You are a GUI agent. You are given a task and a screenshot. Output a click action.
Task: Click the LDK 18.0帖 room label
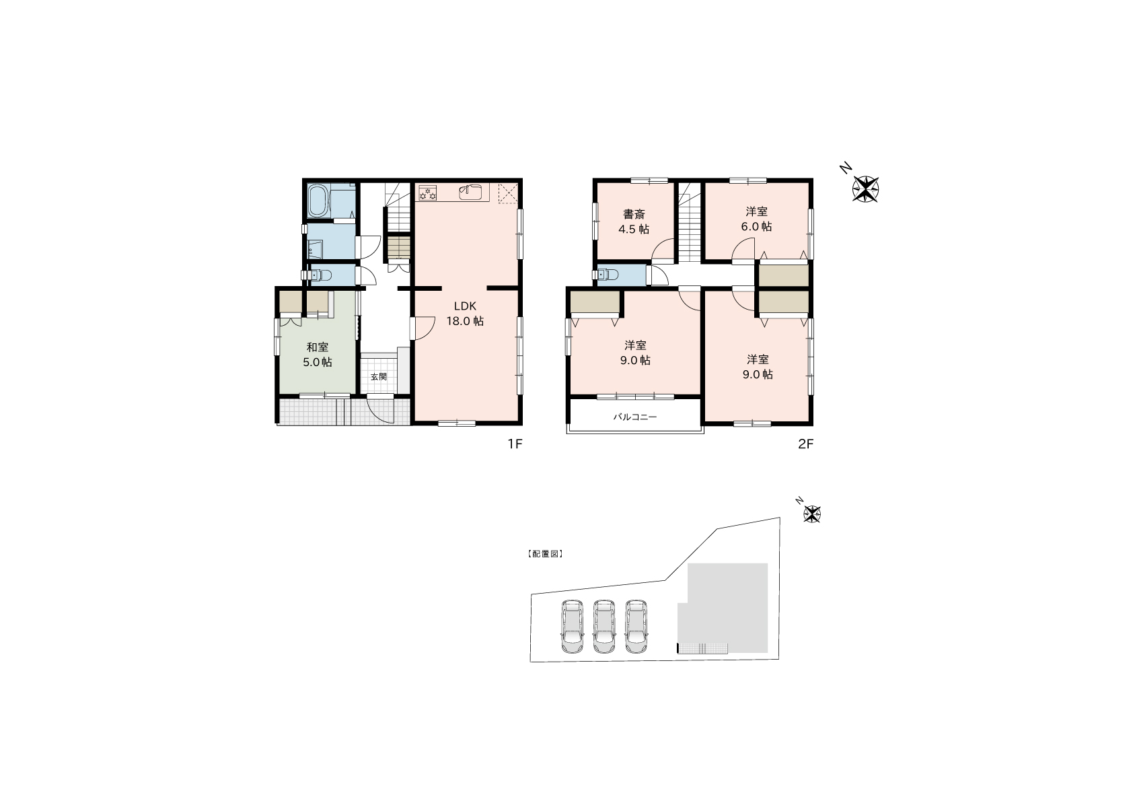tap(465, 313)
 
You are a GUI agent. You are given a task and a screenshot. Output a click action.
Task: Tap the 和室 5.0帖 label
tap(317, 354)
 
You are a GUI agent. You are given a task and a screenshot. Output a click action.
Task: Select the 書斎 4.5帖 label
tap(634, 221)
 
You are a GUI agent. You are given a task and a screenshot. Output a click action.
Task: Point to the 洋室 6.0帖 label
tap(757, 219)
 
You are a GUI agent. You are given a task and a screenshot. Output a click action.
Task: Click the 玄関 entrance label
tap(378, 376)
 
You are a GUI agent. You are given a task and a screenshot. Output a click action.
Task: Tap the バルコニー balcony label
tap(635, 417)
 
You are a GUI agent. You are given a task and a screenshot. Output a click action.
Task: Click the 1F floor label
tap(515, 444)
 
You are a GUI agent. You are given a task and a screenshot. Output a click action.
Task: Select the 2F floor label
tap(806, 444)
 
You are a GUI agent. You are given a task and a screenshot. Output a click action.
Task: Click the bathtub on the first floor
tap(319, 201)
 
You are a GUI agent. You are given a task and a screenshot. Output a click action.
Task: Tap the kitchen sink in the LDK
tap(471, 193)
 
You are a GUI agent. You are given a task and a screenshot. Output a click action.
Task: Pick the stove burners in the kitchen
tap(428, 193)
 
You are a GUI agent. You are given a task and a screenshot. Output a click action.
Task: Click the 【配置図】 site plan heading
tap(545, 554)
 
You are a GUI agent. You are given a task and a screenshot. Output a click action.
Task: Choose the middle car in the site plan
tap(604, 627)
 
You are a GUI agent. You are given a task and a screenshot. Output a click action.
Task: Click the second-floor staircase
tap(689, 222)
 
